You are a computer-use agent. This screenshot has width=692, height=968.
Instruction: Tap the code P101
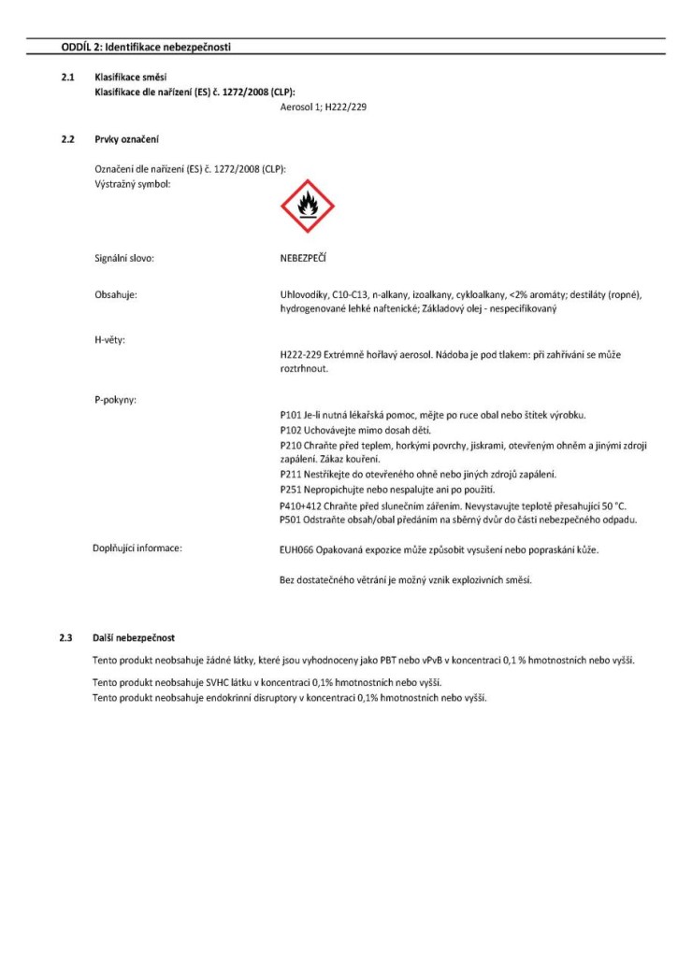pos(290,414)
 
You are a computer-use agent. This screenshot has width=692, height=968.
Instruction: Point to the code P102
pos(290,430)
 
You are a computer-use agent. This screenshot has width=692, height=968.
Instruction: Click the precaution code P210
pos(290,445)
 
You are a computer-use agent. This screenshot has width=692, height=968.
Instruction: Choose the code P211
pos(290,475)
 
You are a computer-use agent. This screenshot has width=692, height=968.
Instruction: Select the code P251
pos(290,490)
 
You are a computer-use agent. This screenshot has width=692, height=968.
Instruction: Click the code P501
pos(290,520)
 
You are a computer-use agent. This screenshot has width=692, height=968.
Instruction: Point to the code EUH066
pos(284,549)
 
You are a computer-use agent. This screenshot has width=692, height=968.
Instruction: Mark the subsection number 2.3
pos(65,637)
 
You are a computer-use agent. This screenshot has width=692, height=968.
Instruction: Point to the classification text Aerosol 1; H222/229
pos(324,108)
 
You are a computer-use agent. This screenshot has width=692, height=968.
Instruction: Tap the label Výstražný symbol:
pos(134,183)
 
